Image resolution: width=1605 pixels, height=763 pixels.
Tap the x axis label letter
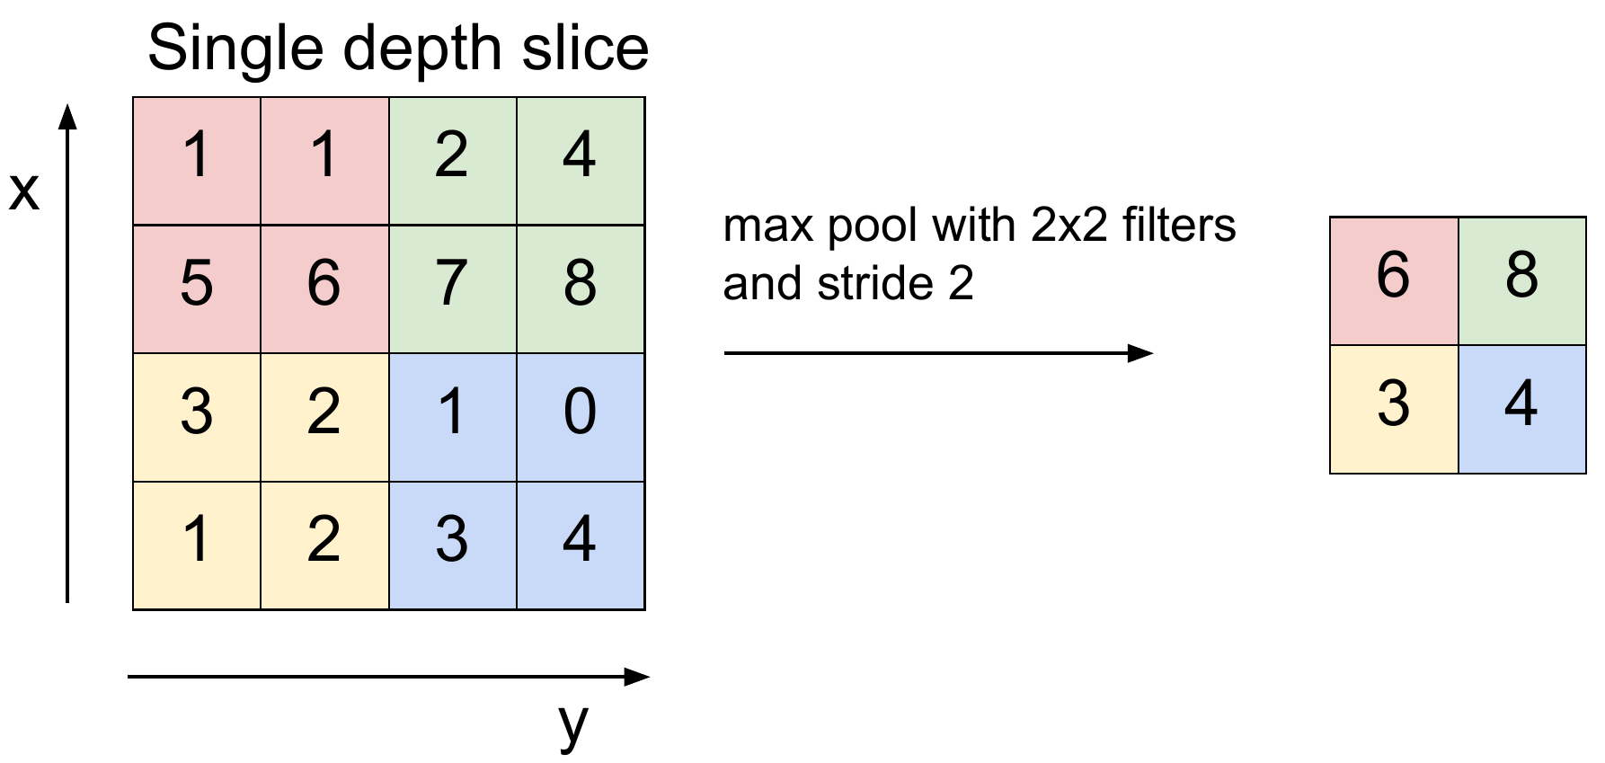pos(24,191)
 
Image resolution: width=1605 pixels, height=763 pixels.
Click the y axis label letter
pos(572,723)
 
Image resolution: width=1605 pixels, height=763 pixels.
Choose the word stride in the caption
pos(876,284)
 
